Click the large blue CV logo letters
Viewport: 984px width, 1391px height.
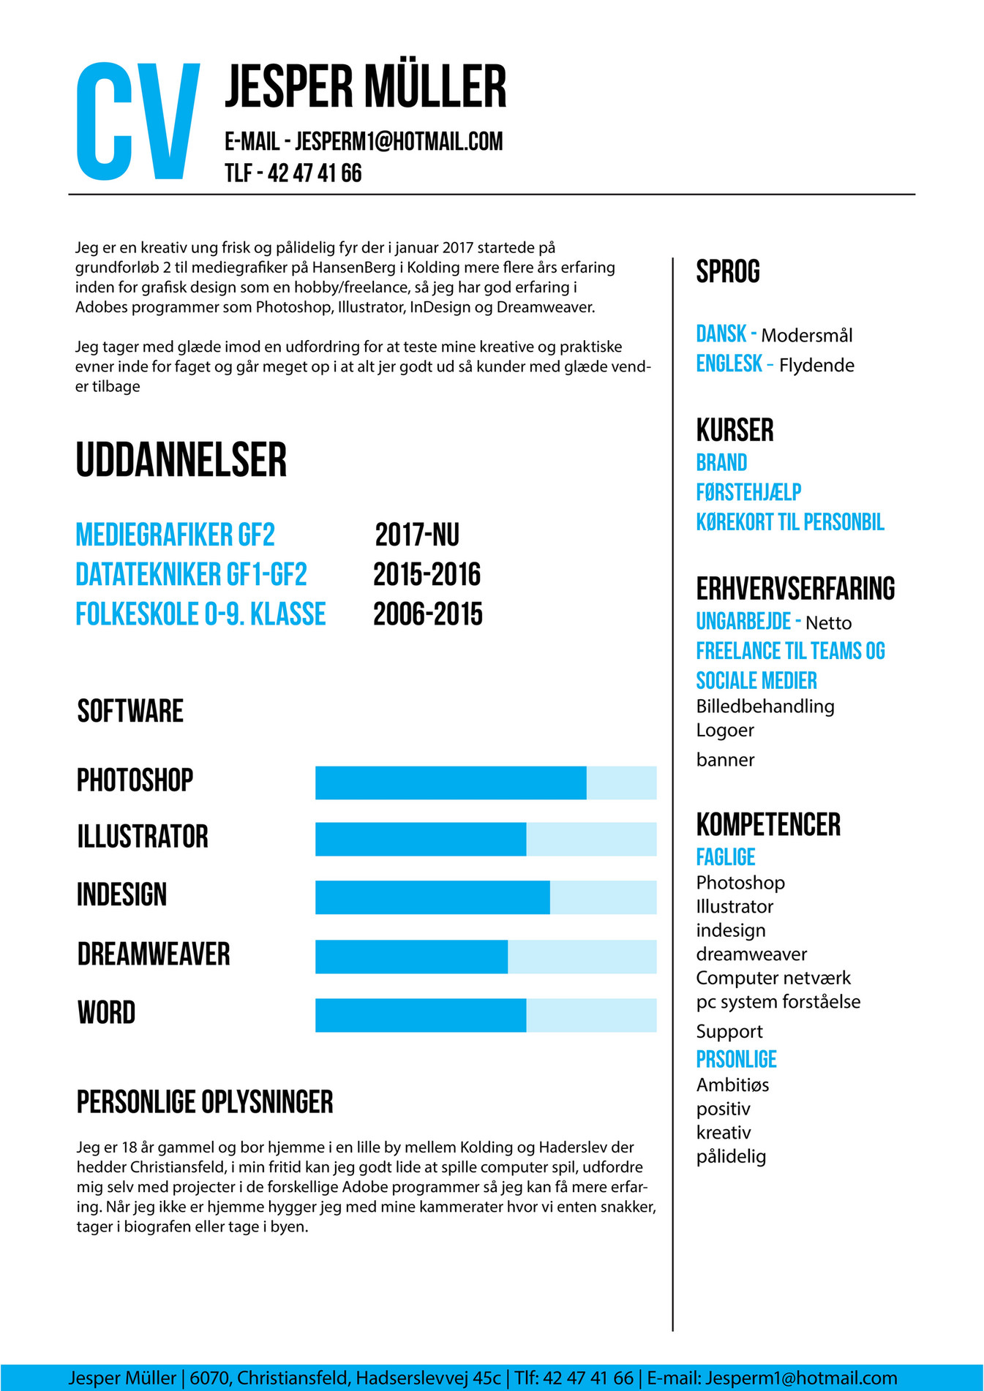tap(138, 121)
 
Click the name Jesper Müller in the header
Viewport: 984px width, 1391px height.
tap(365, 86)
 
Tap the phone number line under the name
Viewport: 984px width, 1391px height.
tap(293, 173)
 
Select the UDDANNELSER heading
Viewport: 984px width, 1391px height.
tap(181, 460)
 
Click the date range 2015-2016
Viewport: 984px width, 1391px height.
tap(427, 575)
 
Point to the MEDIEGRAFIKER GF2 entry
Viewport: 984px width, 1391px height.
tap(176, 535)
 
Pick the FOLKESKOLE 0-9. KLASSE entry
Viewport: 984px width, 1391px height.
tap(200, 614)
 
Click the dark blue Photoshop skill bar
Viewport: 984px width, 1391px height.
tap(451, 783)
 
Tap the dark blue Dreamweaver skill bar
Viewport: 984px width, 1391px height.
tap(411, 957)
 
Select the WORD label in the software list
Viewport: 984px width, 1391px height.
tap(107, 1013)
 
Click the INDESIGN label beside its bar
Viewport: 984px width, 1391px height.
tap(122, 895)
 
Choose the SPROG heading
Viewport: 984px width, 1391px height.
tap(728, 272)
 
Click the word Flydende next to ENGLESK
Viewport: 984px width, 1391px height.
tap(816, 365)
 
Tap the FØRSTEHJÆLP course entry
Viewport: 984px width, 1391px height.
tap(748, 492)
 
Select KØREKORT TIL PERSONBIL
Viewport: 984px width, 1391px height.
tap(790, 522)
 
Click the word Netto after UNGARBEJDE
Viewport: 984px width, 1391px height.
tap(828, 623)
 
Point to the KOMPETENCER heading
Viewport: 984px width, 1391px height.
tap(768, 825)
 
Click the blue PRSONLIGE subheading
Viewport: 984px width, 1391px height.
tap(736, 1059)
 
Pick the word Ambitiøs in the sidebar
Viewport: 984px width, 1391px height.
tap(732, 1085)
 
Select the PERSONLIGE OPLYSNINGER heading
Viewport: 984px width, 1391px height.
tap(205, 1102)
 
